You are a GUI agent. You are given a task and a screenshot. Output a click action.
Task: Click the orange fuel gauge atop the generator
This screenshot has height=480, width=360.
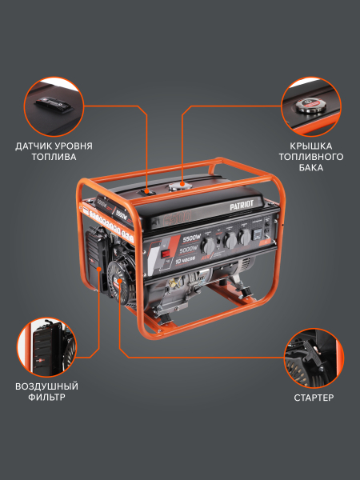[x=148, y=190]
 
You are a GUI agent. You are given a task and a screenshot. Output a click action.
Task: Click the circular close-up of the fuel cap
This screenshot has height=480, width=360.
[x=312, y=106]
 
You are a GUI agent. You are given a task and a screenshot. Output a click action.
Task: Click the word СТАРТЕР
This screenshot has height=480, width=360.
[x=312, y=397]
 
